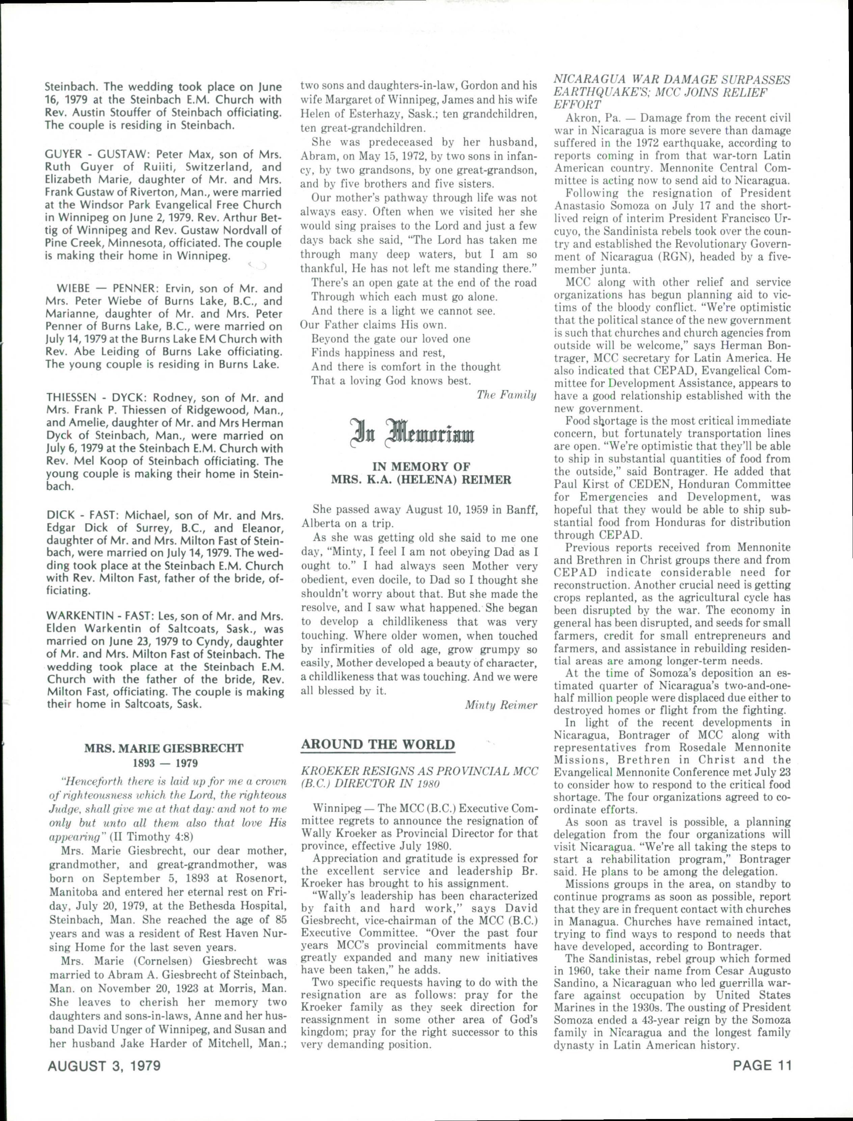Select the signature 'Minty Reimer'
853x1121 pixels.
(x=501, y=705)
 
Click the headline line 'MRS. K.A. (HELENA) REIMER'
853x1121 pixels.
(x=421, y=480)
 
